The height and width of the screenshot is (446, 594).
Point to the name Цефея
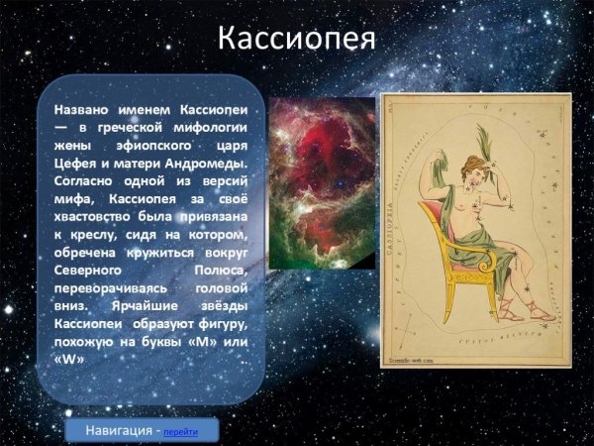coord(76,164)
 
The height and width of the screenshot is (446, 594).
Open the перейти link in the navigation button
coord(180,433)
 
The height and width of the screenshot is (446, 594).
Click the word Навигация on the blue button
coord(119,432)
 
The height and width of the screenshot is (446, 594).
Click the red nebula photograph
coord(321,183)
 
